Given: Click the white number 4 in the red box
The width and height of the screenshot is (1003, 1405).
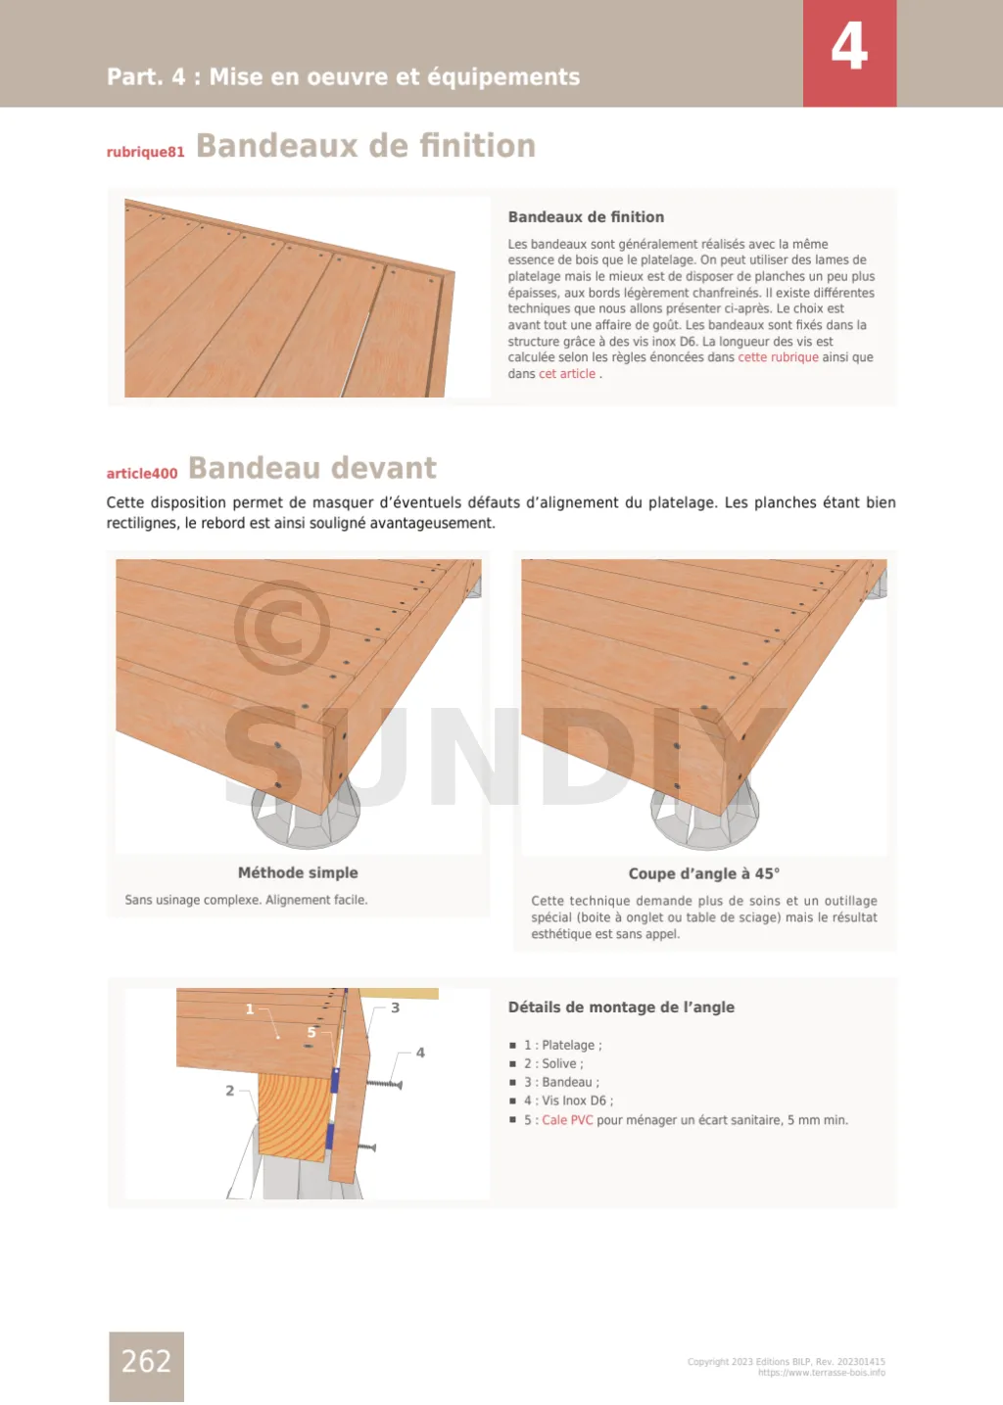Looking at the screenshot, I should pyautogui.click(x=849, y=47).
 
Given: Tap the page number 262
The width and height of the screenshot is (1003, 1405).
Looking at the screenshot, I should pyautogui.click(x=146, y=1361).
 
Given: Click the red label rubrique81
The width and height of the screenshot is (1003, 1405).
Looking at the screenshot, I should pyautogui.click(x=145, y=152).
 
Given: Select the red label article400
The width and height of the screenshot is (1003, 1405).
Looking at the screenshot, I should pyautogui.click(x=142, y=473).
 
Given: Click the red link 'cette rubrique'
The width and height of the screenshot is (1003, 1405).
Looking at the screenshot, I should pyautogui.click(x=778, y=357).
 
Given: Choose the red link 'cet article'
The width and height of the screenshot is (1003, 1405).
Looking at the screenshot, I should pyautogui.click(x=567, y=374).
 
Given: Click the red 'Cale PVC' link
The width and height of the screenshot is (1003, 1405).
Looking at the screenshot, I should pyautogui.click(x=567, y=1120).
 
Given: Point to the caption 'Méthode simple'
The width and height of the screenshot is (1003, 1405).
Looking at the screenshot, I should pyautogui.click(x=298, y=872).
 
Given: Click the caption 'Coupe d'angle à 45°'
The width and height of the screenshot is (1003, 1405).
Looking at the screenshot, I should pyautogui.click(x=703, y=873).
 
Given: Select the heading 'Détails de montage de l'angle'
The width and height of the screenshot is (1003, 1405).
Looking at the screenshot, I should pyautogui.click(x=621, y=1007).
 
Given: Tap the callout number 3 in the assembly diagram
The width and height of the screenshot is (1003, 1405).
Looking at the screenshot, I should pyautogui.click(x=395, y=1007).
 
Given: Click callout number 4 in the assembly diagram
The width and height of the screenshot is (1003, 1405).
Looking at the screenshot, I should pyautogui.click(x=420, y=1053).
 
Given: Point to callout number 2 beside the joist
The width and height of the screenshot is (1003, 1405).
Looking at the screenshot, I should pyautogui.click(x=230, y=1090).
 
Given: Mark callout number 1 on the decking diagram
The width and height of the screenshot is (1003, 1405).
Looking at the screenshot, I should pyautogui.click(x=250, y=1008).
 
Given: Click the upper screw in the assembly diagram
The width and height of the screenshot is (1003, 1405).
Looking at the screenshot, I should pyautogui.click(x=384, y=1084).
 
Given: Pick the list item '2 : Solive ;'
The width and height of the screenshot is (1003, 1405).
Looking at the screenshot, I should pyautogui.click(x=553, y=1063).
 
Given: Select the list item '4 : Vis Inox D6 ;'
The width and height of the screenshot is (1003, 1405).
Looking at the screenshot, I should pyautogui.click(x=568, y=1101).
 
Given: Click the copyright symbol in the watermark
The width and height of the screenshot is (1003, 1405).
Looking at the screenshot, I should pyautogui.click(x=281, y=628).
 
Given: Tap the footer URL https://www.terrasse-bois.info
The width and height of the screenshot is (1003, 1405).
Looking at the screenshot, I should pyautogui.click(x=821, y=1373).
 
